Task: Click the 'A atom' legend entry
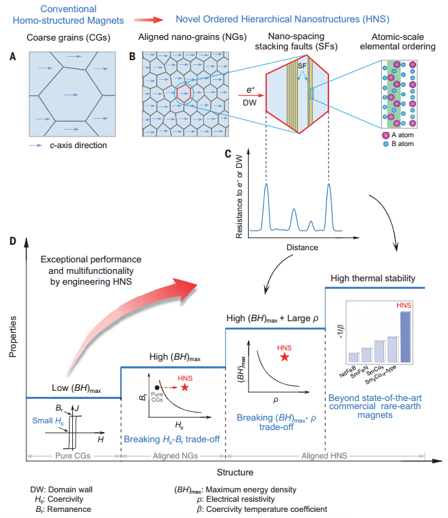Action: point(404,135)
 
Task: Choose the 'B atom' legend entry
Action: point(404,145)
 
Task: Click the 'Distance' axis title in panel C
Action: point(301,248)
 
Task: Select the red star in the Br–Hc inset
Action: point(185,388)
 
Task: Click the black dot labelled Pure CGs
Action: point(157,387)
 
